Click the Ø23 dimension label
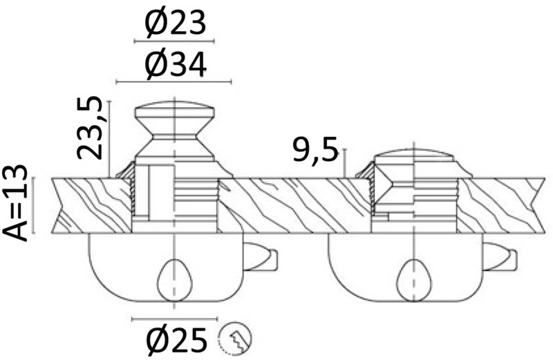tap(176, 24)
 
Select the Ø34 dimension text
tap(176, 66)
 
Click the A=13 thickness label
tap(17, 202)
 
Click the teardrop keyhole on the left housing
tap(176, 278)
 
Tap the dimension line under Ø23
tap(176, 41)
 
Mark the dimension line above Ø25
tap(176, 319)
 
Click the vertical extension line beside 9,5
tap(344, 162)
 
